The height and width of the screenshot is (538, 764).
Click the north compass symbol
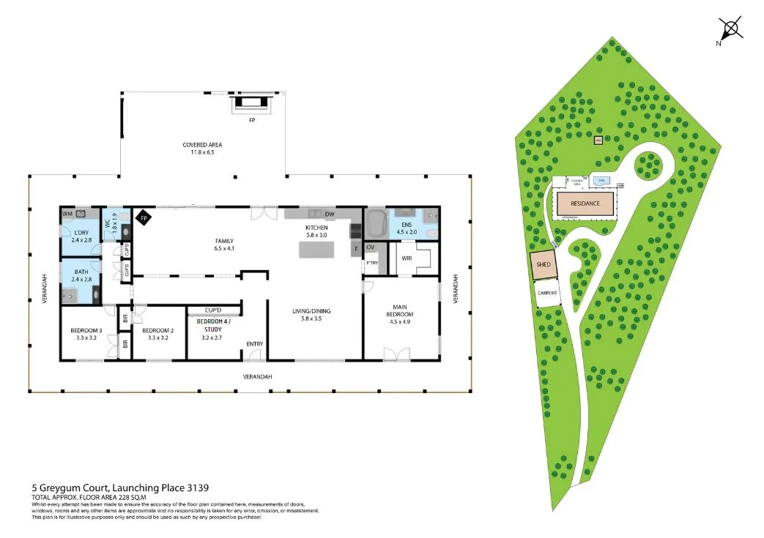(730, 29)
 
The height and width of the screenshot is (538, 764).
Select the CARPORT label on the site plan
(548, 293)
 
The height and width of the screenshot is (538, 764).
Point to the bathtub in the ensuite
(377, 220)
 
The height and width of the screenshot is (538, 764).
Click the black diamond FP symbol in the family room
(144, 218)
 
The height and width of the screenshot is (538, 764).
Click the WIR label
(406, 257)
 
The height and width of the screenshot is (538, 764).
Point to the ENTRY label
(254, 344)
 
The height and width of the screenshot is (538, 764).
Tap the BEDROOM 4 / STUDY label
(212, 326)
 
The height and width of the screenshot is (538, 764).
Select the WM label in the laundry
(67, 214)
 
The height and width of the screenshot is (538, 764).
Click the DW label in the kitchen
(330, 214)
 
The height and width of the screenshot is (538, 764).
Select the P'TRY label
(372, 262)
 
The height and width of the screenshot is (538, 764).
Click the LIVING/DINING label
(311, 315)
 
